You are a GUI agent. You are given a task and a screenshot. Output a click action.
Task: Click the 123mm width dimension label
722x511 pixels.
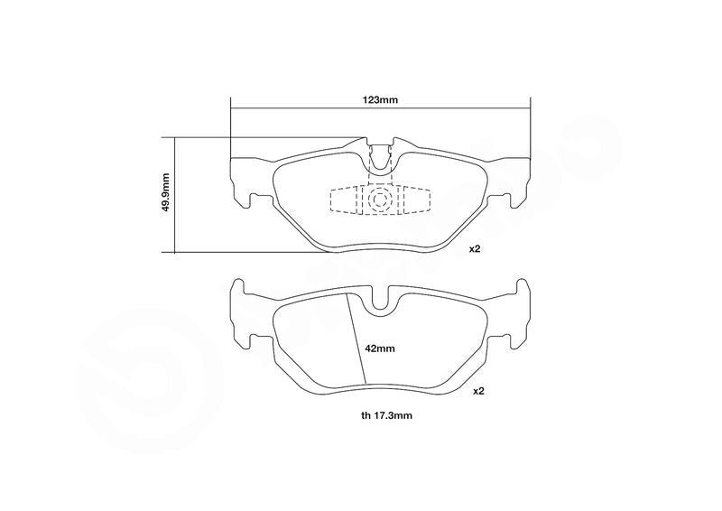pos(380,100)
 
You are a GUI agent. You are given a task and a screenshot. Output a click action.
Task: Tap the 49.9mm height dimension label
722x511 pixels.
pos(166,192)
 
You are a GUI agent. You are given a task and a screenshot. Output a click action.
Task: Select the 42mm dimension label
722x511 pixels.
pos(380,348)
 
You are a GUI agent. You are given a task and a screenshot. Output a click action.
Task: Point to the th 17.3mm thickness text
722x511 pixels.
pos(387,415)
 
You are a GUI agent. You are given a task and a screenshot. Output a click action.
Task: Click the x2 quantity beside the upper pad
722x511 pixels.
pos(475,249)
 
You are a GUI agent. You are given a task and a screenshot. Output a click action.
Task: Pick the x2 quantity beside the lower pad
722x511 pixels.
pos(479,391)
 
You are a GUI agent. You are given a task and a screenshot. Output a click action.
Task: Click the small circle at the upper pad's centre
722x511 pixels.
pos(380,199)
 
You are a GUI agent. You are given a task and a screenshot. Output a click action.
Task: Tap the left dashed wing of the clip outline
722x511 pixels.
pos(345,200)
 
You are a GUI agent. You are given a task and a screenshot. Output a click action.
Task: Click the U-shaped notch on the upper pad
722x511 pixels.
pos(380,161)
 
